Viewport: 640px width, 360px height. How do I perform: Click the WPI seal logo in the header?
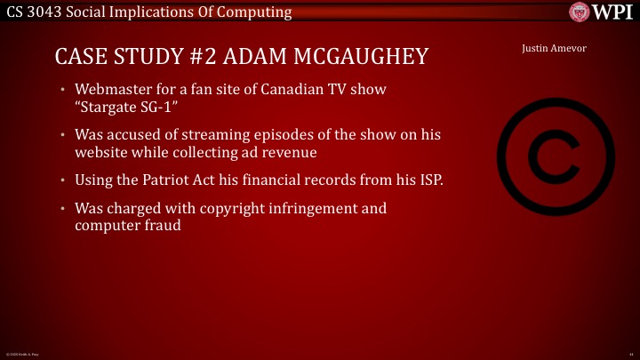582,12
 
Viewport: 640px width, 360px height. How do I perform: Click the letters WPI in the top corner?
613,12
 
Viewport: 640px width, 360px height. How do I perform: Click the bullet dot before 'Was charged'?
63,209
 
